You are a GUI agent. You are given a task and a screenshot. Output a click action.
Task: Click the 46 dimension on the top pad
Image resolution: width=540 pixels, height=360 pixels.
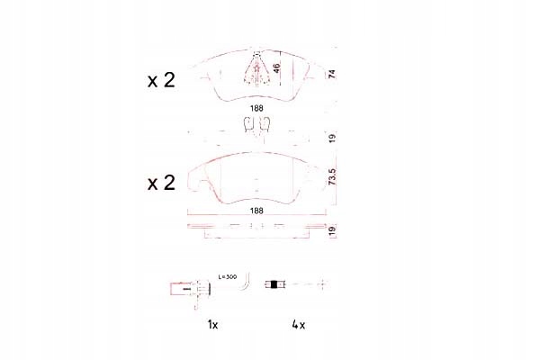click(x=276, y=67)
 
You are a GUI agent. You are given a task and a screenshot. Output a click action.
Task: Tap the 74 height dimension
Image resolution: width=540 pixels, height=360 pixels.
click(x=331, y=74)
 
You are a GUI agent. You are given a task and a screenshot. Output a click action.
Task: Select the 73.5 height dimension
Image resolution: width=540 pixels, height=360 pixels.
click(x=331, y=177)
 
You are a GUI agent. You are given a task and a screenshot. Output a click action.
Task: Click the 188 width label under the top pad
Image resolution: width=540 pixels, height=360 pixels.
click(x=256, y=108)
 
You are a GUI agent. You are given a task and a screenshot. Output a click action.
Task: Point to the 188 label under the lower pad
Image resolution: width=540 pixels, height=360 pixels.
click(x=256, y=211)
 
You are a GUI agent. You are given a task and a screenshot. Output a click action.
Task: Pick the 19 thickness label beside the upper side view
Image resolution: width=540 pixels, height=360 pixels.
click(x=331, y=139)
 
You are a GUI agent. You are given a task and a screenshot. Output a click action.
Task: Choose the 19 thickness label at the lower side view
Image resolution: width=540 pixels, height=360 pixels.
click(x=331, y=230)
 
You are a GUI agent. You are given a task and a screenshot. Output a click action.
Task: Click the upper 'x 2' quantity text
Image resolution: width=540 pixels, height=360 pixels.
click(x=161, y=80)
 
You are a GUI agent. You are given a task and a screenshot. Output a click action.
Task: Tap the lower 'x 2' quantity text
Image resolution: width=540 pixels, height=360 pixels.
click(x=161, y=183)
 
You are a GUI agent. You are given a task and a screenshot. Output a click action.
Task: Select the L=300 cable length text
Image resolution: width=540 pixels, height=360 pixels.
click(x=228, y=276)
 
